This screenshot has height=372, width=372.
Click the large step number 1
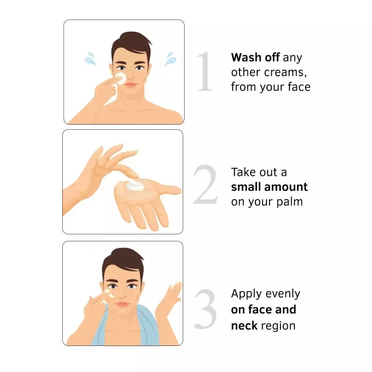[205, 72]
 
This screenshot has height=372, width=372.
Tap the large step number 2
[206, 184]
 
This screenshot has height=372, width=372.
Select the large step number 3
[206, 309]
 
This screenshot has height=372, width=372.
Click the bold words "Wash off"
[255, 57]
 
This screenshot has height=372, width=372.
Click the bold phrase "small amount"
[269, 187]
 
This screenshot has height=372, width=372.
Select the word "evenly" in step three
[283, 294]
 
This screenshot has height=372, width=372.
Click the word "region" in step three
[278, 326]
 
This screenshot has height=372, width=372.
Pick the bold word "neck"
[244, 325]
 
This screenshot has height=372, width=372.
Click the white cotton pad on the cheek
[120, 78]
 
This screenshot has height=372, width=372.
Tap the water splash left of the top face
[91, 59]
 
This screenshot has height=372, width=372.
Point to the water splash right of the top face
[170, 59]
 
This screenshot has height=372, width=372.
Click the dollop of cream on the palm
[134, 185]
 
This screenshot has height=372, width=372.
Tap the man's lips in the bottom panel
[122, 305]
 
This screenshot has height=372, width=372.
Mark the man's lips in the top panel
[131, 85]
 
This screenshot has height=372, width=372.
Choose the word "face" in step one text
[299, 87]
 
